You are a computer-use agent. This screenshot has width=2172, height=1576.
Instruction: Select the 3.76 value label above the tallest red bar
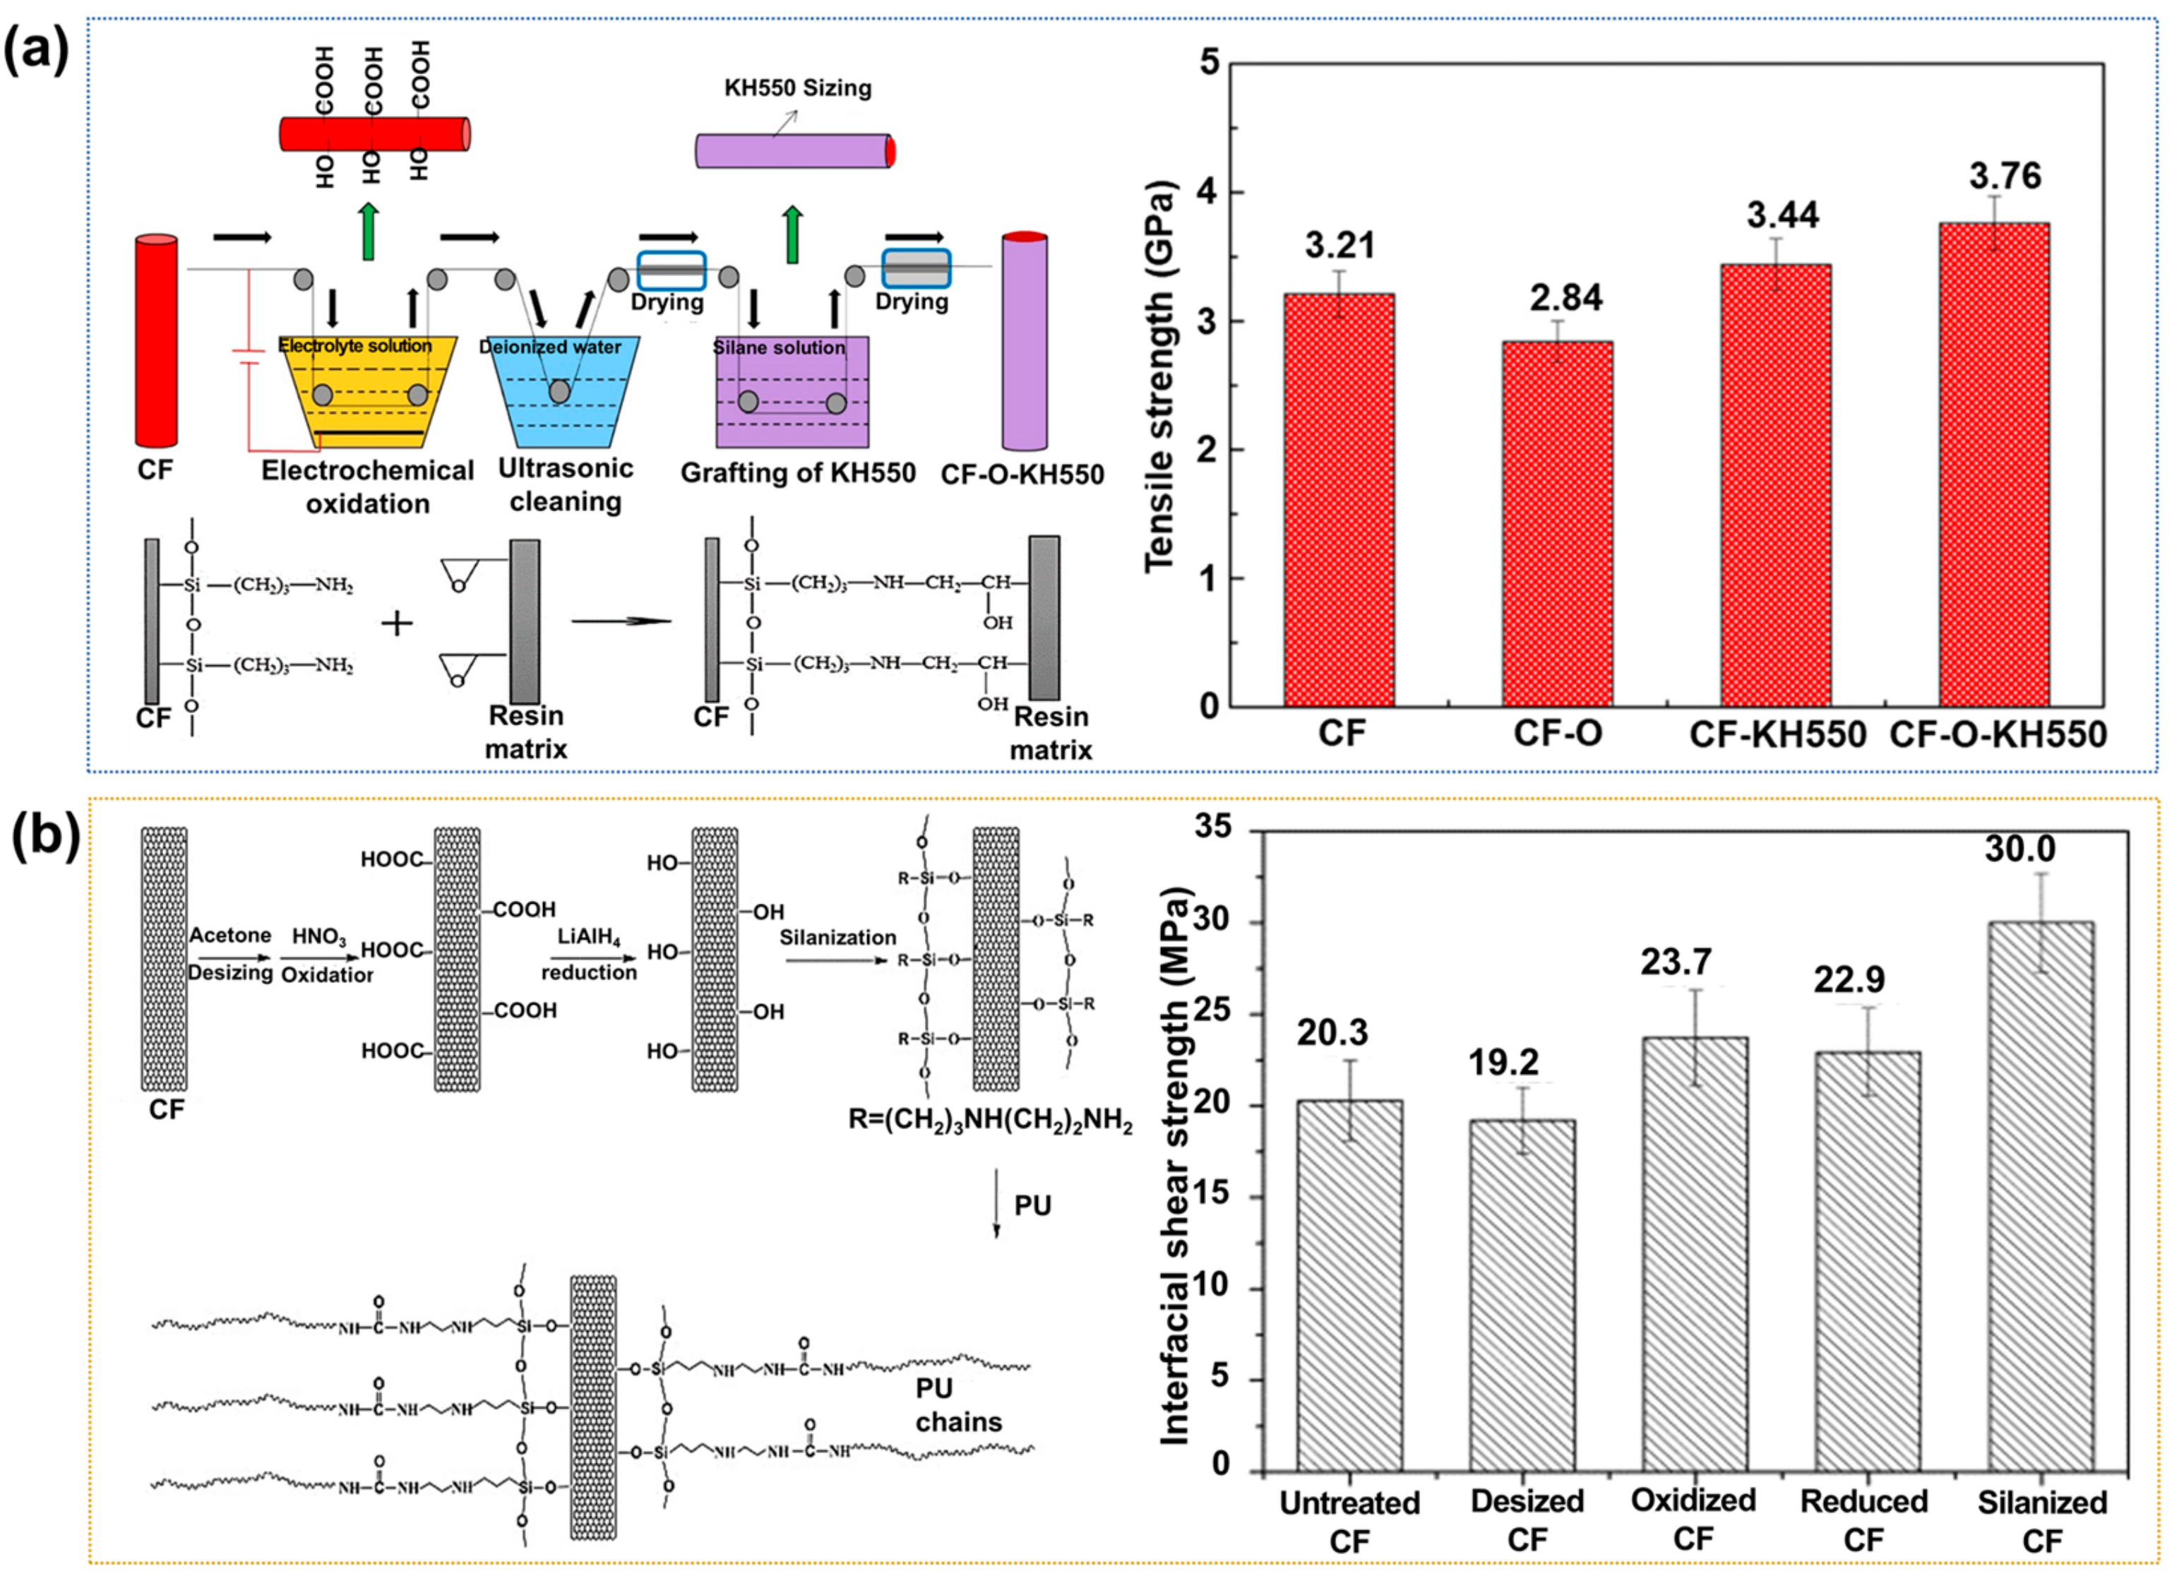[x=2005, y=177]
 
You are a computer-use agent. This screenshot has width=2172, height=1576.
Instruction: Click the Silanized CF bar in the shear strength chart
[x=2040, y=1196]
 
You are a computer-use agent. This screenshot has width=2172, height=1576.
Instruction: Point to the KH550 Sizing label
[x=798, y=88]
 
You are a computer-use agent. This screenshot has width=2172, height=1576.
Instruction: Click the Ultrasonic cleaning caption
[x=565, y=484]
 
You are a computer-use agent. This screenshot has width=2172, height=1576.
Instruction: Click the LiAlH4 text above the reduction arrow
[x=588, y=936]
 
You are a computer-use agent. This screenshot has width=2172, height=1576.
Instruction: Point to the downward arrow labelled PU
[x=997, y=1204]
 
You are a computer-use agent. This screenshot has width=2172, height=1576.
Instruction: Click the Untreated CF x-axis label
[x=1349, y=1520]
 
